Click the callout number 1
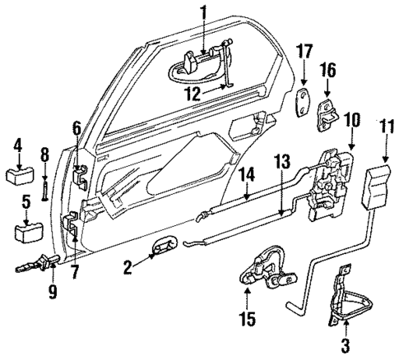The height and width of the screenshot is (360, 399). click(x=203, y=13)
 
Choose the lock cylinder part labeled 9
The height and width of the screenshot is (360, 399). click(x=32, y=265)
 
